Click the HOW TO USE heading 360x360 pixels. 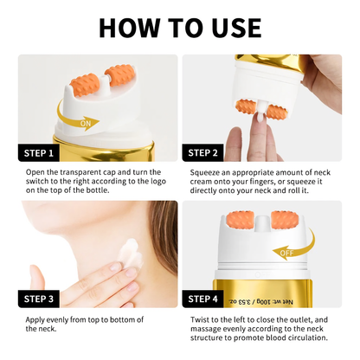pos(180,28)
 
